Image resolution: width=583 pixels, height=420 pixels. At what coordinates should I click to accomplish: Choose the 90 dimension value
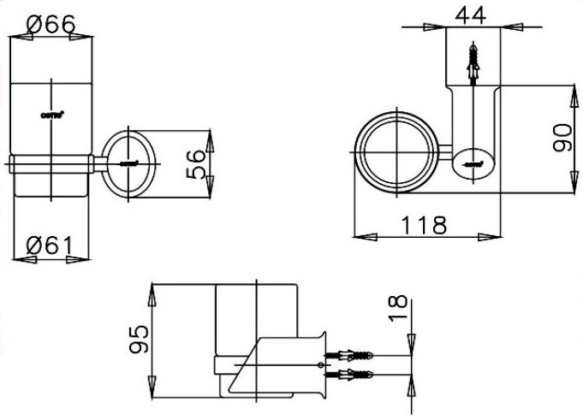pyautogui.click(x=562, y=136)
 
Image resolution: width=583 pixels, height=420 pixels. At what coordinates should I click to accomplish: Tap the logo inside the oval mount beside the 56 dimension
pyautogui.click(x=128, y=162)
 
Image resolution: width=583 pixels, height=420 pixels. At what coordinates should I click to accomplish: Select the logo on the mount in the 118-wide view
pyautogui.click(x=476, y=159)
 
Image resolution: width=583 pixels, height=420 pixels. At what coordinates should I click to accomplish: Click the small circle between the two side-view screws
pyautogui.click(x=321, y=364)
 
